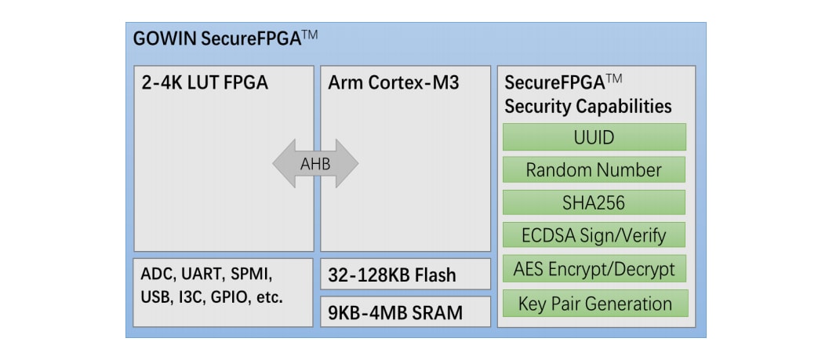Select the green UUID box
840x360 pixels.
pyautogui.click(x=594, y=137)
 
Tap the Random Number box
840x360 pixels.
pyautogui.click(x=594, y=170)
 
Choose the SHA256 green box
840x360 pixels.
pyautogui.click(x=594, y=202)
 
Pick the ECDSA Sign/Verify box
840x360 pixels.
pyautogui.click(x=594, y=235)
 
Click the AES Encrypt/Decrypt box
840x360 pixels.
pyautogui.click(x=594, y=269)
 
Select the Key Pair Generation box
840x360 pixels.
pyautogui.click(x=594, y=304)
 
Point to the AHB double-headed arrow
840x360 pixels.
pyautogui.click(x=315, y=163)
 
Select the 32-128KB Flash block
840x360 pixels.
pyautogui.click(x=392, y=276)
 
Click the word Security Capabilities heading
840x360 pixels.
pyautogui.click(x=587, y=107)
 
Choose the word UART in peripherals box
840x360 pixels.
pyautogui.click(x=204, y=275)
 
